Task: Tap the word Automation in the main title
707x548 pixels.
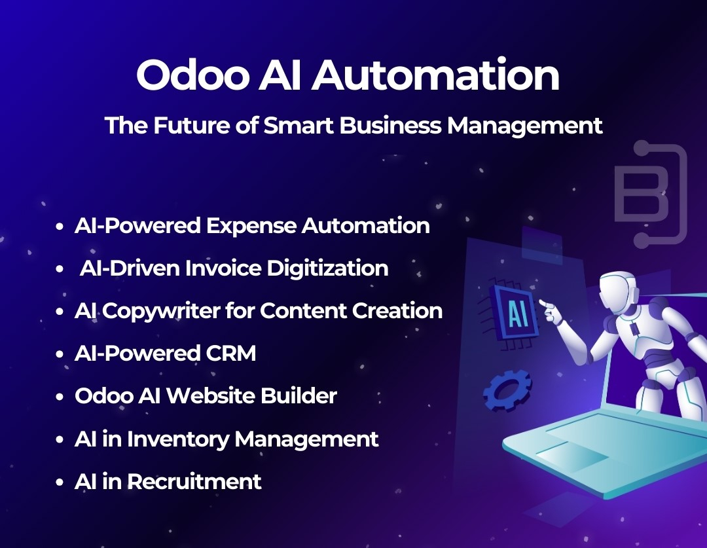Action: click(x=435, y=76)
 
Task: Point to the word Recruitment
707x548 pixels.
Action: click(x=194, y=482)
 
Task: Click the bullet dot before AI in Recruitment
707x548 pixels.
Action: click(x=60, y=483)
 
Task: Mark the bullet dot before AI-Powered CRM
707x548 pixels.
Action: click(x=60, y=355)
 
